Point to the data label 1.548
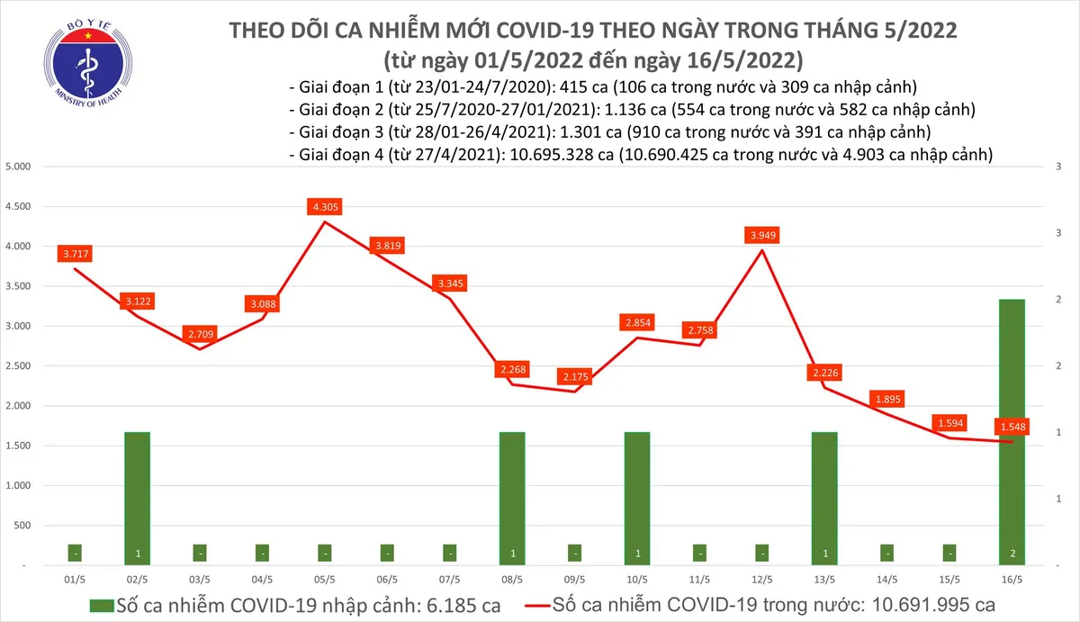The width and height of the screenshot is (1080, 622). coord(1012,426)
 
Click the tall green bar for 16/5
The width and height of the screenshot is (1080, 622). coord(1012,432)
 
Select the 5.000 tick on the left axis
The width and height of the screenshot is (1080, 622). coord(18,167)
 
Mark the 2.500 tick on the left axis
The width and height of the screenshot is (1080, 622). coord(18,366)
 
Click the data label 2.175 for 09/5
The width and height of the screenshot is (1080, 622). coord(574,376)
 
